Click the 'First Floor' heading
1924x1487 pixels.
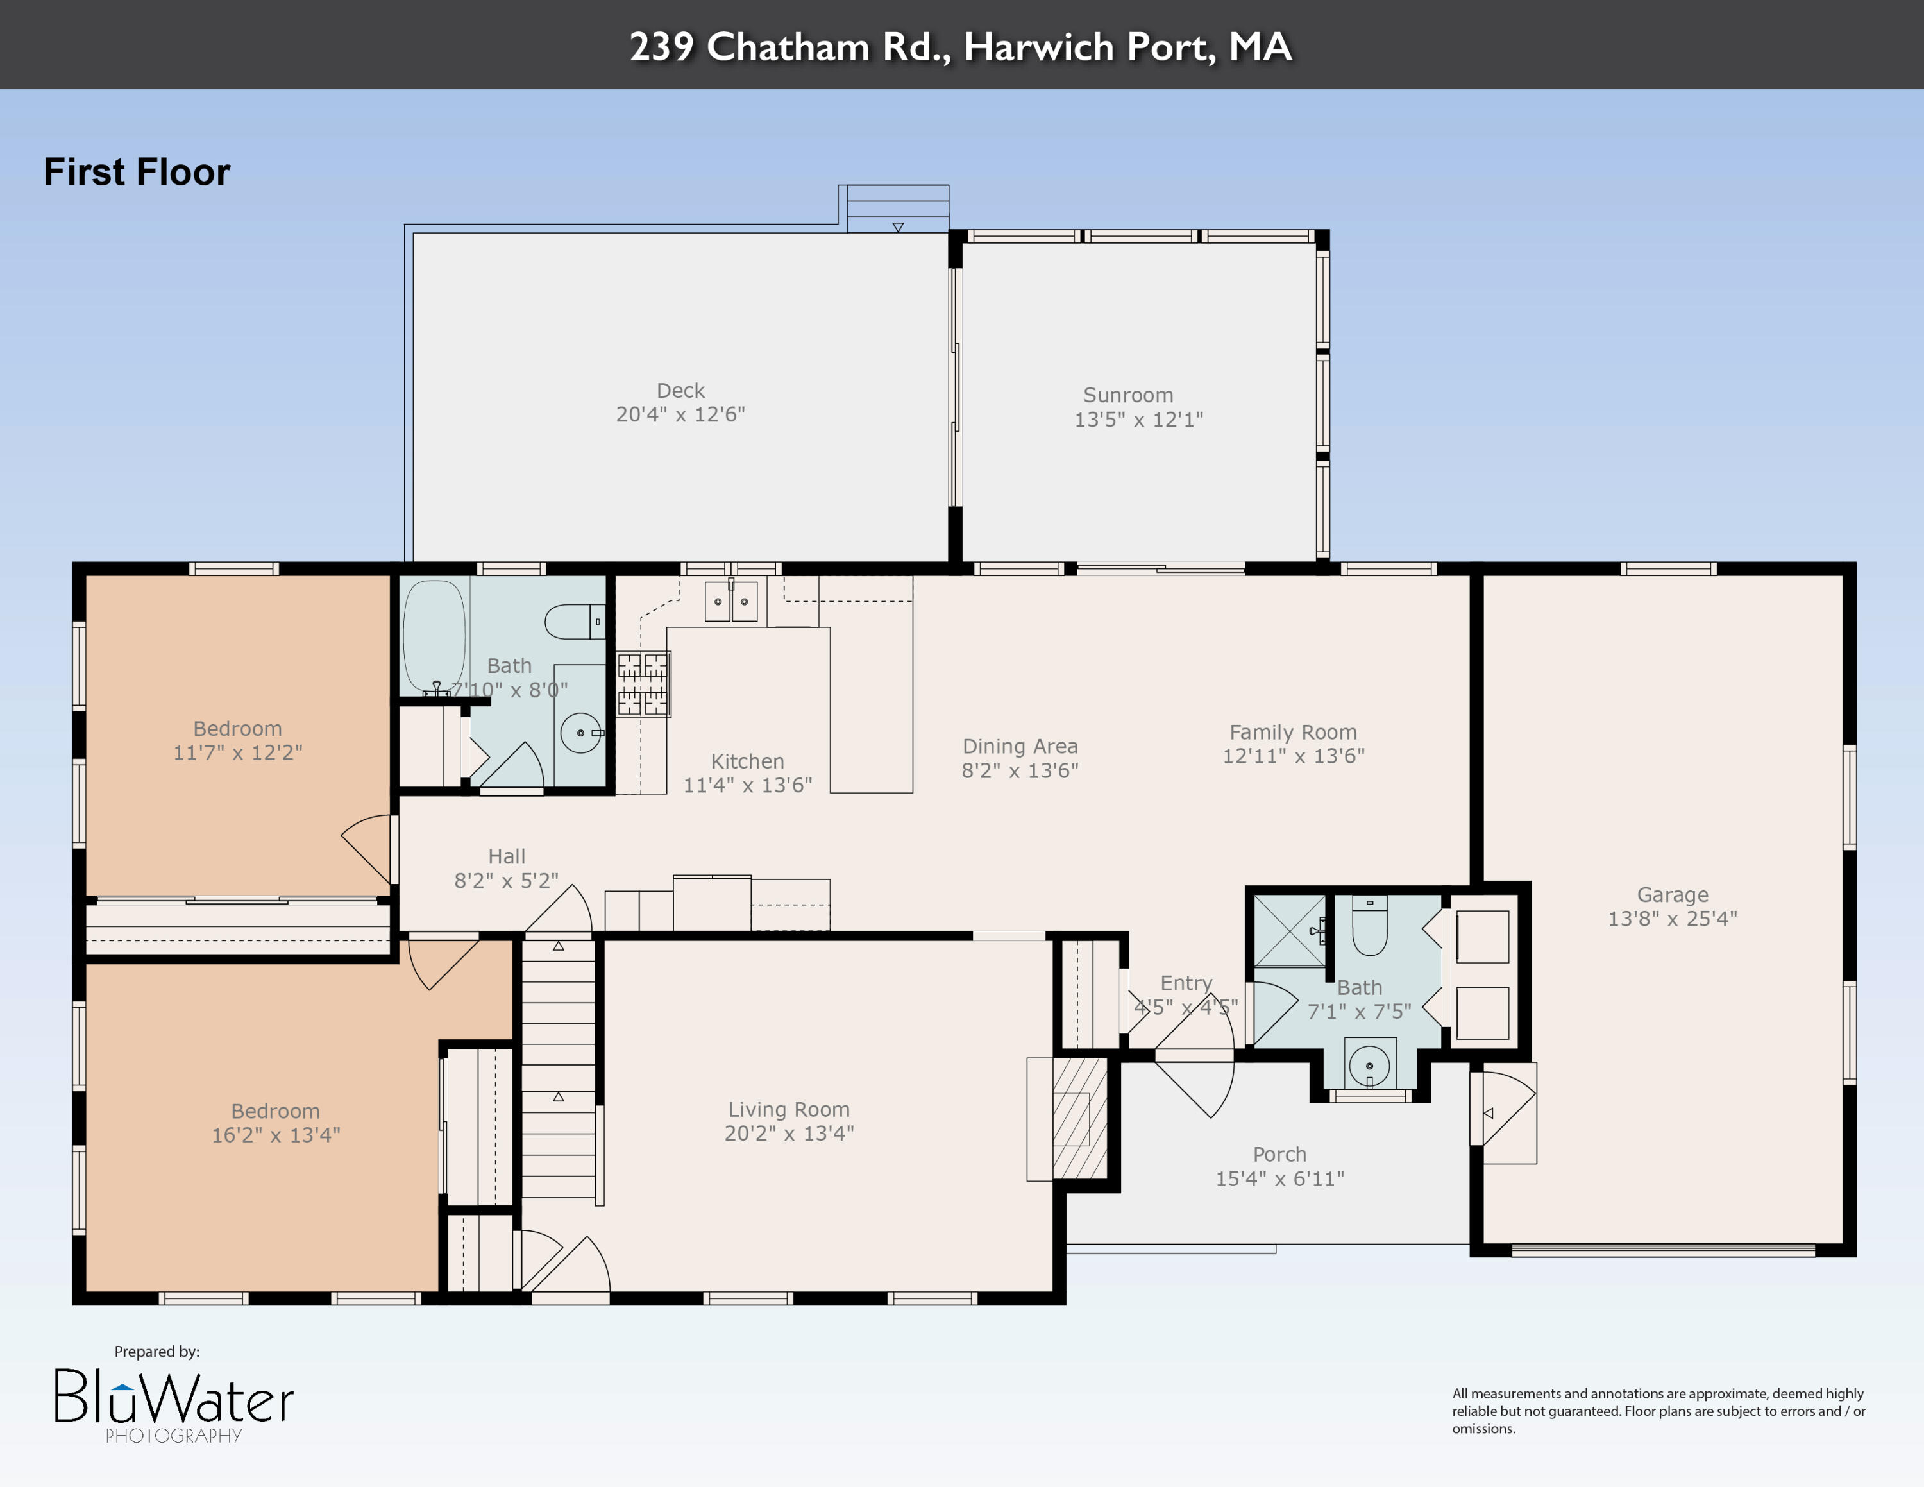pyautogui.click(x=137, y=172)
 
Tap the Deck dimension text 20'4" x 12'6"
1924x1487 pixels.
pyautogui.click(x=680, y=414)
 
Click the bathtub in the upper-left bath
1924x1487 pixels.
pyautogui.click(x=434, y=634)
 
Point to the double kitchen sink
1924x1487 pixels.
pyautogui.click(x=730, y=602)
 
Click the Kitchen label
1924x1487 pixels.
pyautogui.click(x=747, y=761)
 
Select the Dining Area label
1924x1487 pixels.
pyautogui.click(x=1019, y=746)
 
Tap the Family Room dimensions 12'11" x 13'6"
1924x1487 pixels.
pyautogui.click(x=1292, y=756)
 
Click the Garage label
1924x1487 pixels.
pyautogui.click(x=1672, y=894)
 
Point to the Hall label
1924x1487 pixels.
pyautogui.click(x=507, y=856)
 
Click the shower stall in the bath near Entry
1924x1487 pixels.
pyautogui.click(x=1289, y=930)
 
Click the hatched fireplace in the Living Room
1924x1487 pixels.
pyautogui.click(x=1079, y=1119)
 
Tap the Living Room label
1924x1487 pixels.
pyautogui.click(x=788, y=1109)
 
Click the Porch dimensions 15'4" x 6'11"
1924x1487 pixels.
pyautogui.click(x=1279, y=1178)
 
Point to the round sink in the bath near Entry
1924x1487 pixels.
pyautogui.click(x=1369, y=1066)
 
